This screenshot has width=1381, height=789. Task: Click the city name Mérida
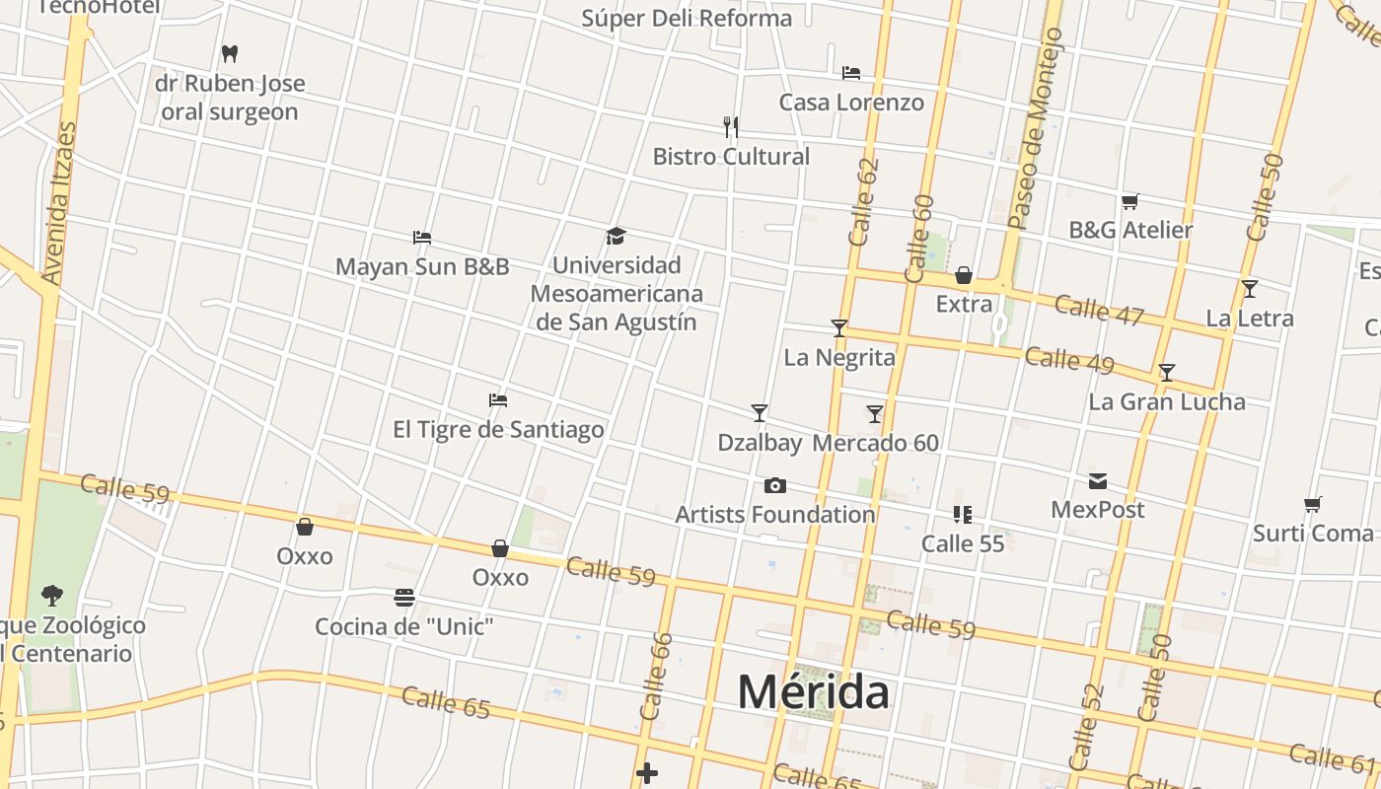[x=813, y=691]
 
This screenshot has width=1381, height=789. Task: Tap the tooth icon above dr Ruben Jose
[x=230, y=53]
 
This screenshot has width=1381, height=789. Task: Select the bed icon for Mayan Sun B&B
[x=422, y=237]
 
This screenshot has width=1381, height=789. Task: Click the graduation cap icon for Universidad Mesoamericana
[x=617, y=236]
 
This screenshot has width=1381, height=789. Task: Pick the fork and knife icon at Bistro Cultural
[x=731, y=126]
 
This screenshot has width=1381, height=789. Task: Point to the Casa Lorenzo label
[x=851, y=103]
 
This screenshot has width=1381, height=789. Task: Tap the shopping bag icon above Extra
[x=964, y=275]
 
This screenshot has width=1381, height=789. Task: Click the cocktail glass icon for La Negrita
[x=839, y=327]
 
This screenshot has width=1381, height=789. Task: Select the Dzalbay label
[x=760, y=443]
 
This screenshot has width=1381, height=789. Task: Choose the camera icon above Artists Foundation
[x=775, y=485]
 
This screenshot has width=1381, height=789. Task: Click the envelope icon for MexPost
[x=1098, y=481]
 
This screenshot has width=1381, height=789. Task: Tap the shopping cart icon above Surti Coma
[x=1313, y=505]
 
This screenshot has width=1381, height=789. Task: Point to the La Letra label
[x=1250, y=319]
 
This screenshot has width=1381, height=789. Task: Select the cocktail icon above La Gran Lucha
[x=1167, y=373]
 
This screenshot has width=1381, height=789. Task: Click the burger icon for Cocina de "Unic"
[x=403, y=598]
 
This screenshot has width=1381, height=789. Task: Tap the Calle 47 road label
[x=1098, y=309]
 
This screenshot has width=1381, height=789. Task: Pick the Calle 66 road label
[x=655, y=676]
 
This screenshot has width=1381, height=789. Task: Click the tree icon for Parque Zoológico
[x=51, y=596]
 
